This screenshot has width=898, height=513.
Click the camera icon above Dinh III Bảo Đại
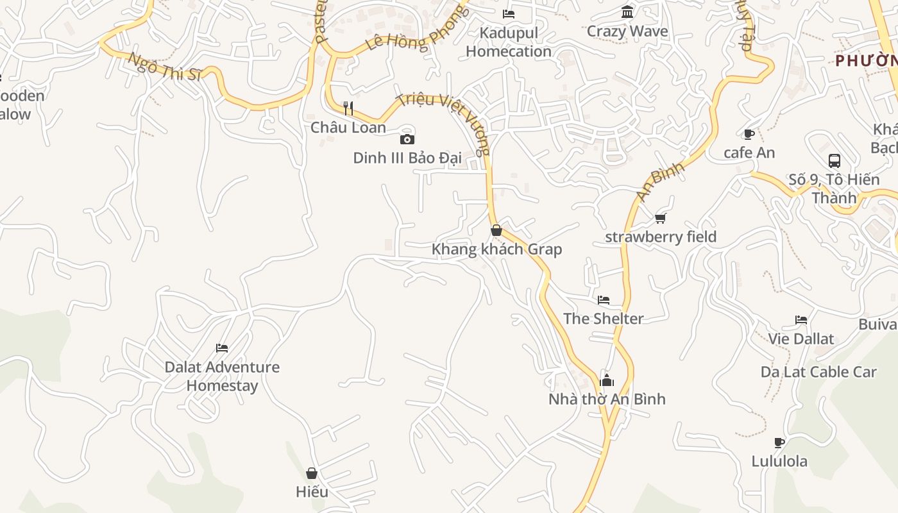(407, 139)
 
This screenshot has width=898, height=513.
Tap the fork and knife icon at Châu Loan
(348, 108)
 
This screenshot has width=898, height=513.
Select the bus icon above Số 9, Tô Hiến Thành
(834, 160)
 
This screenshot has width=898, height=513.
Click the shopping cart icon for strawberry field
(661, 218)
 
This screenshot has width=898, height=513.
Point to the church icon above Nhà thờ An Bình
(606, 380)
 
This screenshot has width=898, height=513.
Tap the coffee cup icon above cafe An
(749, 134)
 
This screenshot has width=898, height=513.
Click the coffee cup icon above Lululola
(779, 442)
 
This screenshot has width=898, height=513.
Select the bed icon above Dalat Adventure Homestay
(222, 348)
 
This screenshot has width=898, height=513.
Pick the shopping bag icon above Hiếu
(312, 473)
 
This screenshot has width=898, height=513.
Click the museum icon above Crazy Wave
(627, 12)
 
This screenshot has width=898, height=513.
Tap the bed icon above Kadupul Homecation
(509, 13)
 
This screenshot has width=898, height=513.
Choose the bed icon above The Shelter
(603, 299)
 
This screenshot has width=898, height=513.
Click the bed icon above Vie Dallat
(801, 320)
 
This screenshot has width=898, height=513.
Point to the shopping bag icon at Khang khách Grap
(496, 230)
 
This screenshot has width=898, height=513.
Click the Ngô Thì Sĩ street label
(165, 66)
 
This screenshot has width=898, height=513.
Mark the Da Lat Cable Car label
(818, 372)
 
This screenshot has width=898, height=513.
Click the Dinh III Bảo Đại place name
(407, 158)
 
